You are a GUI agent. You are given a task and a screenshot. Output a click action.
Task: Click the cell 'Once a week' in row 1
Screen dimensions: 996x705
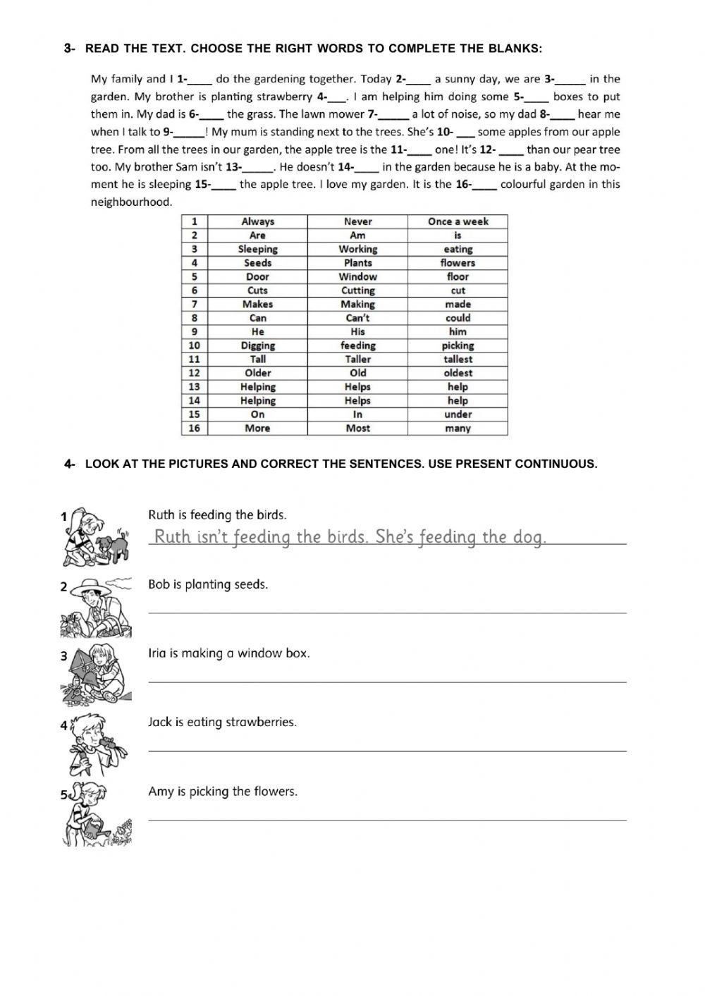(458, 221)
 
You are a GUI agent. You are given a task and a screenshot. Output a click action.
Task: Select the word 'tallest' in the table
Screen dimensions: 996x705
(458, 359)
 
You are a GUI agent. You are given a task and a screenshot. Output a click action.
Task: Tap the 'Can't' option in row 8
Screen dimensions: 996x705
(357, 318)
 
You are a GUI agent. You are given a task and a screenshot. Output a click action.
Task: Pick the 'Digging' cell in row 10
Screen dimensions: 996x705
(257, 345)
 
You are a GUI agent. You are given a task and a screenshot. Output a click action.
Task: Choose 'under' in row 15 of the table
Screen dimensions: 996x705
(458, 414)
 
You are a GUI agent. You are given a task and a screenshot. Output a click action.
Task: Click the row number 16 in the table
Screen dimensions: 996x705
(194, 429)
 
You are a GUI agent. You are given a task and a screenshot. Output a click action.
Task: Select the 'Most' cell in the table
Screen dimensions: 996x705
(357, 429)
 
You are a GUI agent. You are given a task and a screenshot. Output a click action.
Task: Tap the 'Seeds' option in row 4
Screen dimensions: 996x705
(257, 263)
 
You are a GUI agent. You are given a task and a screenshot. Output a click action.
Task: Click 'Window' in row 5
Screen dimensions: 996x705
(357, 277)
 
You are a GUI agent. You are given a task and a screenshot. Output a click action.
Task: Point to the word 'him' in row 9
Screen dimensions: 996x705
(458, 332)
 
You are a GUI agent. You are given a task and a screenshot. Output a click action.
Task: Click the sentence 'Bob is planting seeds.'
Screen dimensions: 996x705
(208, 584)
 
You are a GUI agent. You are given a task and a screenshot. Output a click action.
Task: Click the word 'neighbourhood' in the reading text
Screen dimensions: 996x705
(131, 202)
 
